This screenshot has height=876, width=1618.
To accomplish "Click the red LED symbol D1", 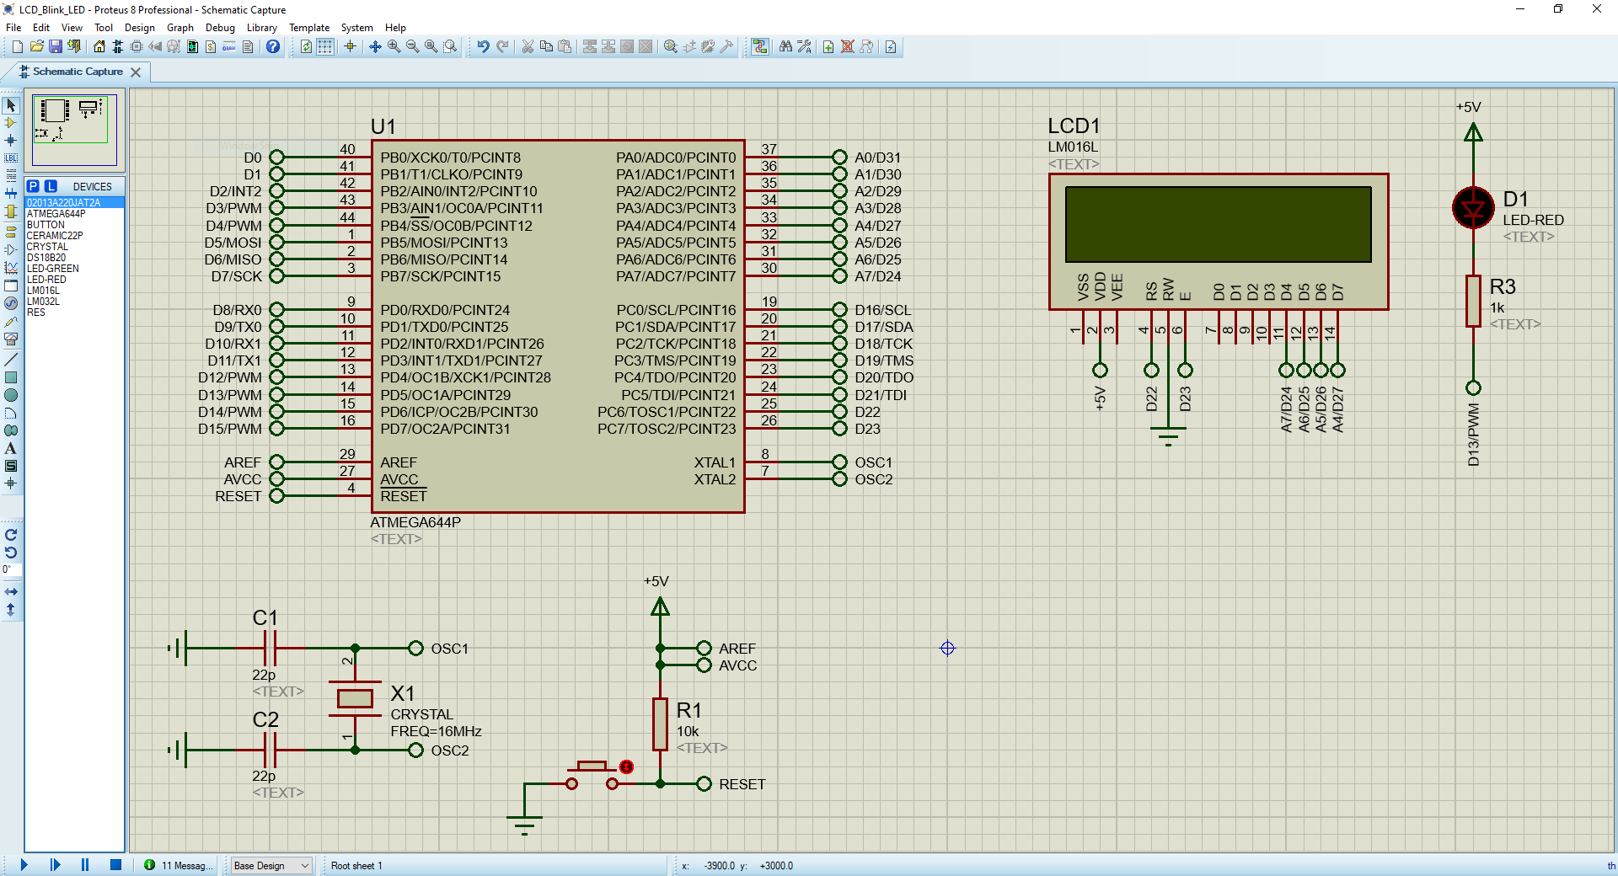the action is click(x=1473, y=208).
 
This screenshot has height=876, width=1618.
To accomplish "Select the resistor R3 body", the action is click(x=1473, y=301).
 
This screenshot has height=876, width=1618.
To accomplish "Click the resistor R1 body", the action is click(x=660, y=724).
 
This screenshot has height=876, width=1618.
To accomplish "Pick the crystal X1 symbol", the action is click(x=355, y=698).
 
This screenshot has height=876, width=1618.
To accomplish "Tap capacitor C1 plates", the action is click(x=271, y=649).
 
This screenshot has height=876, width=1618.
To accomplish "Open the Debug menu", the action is click(x=220, y=28).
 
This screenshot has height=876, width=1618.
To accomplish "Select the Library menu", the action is click(x=261, y=28).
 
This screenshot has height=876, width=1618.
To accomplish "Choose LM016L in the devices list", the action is click(x=43, y=291).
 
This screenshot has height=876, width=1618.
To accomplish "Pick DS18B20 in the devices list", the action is click(x=46, y=258).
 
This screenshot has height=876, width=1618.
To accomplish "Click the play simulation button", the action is click(x=24, y=865).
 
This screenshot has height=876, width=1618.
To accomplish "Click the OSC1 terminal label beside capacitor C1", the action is click(x=449, y=649).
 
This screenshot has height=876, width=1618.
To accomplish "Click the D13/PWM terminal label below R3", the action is click(x=1473, y=435).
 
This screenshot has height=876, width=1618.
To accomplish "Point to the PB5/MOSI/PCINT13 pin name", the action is click(x=444, y=243).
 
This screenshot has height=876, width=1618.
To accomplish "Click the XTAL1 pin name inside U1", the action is click(x=715, y=462).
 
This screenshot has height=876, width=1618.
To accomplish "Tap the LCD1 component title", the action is click(x=1074, y=126).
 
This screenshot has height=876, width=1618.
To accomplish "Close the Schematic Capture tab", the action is click(x=136, y=72).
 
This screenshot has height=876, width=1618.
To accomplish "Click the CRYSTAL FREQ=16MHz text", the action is click(x=436, y=723).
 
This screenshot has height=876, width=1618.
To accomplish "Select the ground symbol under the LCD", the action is click(x=1168, y=436).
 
